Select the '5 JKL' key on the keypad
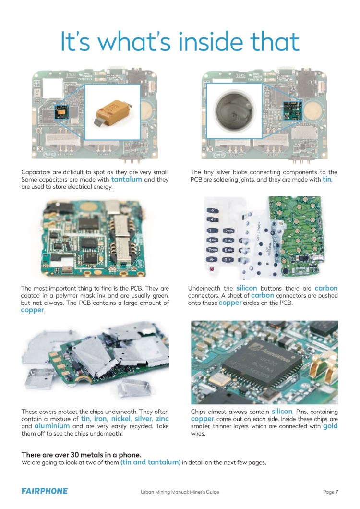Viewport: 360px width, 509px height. tap(227, 240)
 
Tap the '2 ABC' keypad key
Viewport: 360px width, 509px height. tap(228, 230)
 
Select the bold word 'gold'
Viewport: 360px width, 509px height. tap(330, 426)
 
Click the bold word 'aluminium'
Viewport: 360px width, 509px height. tap(52, 426)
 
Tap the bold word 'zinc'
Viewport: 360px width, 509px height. tap(162, 419)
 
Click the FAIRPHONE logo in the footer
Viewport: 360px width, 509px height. tap(45, 491)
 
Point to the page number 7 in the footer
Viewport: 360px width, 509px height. tap(337, 491)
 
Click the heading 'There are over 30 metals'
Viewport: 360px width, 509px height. tap(81, 455)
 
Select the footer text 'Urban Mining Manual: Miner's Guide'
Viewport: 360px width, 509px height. tap(180, 491)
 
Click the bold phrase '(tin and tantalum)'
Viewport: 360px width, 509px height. tap(150, 462)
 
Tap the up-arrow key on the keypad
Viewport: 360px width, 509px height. tap(212, 211)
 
